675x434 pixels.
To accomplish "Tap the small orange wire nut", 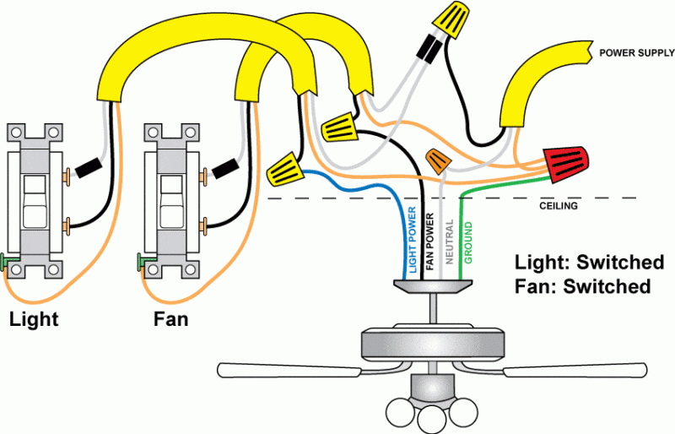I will pos(437,160).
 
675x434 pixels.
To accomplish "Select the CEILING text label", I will pos(559,205).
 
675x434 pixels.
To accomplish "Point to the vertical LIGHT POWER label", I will pos(413,241).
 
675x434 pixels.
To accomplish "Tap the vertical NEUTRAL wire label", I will pos(449,243).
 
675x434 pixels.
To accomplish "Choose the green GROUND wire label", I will pos(468,243).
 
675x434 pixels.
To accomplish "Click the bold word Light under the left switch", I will pos(34,320).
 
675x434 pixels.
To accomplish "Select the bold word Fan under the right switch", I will pos(170,320).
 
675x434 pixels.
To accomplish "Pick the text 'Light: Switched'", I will pos(589,262).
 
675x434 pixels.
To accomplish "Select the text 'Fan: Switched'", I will pos(582,286).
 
